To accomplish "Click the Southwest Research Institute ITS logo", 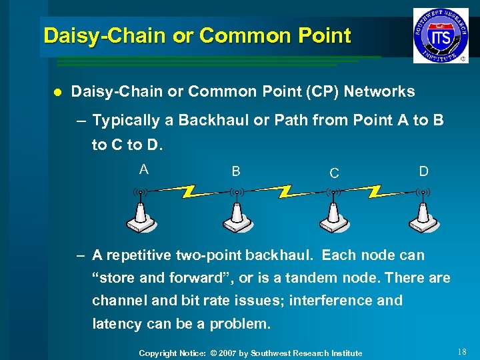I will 440,35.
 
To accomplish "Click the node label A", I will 143,169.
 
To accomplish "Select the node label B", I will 235,171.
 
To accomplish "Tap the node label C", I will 334,173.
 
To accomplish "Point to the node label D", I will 423,171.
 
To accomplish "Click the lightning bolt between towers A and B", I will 189,192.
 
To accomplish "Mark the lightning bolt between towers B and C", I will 285,192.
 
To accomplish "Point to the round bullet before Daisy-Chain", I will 57,92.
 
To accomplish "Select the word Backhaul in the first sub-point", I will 203,121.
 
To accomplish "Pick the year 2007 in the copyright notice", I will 230,353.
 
